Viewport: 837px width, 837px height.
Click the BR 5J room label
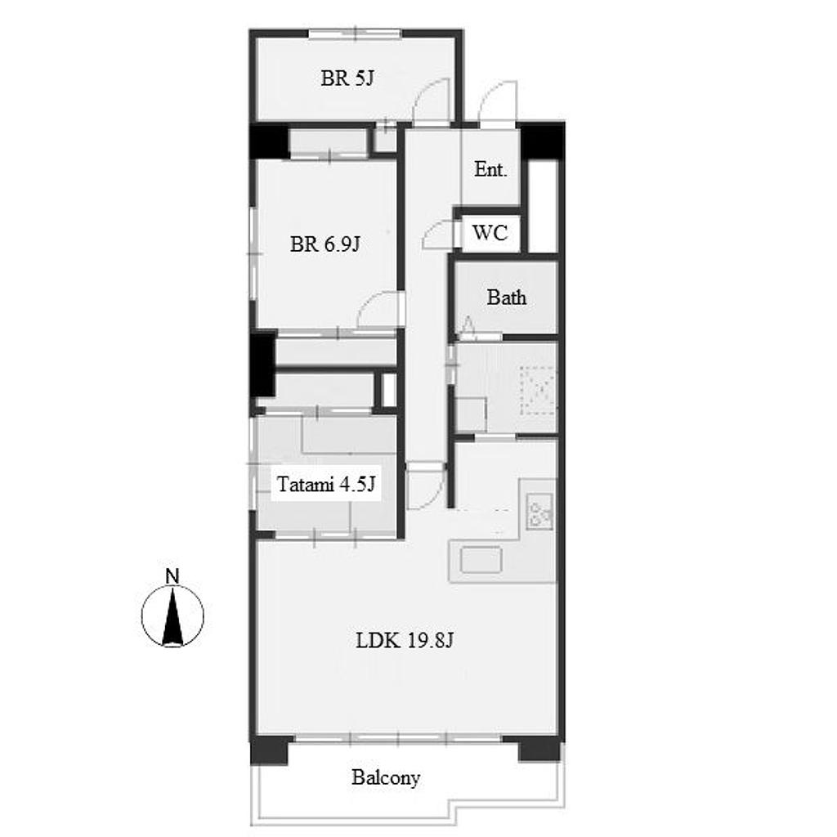coord(347,78)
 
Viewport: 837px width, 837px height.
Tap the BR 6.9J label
coord(325,244)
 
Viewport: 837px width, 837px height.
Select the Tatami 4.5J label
coord(325,484)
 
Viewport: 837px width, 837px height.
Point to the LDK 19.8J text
coord(405,639)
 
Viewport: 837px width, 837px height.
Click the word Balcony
coord(386,778)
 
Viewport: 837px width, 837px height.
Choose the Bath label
coord(506,298)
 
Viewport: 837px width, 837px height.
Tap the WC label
coord(490,233)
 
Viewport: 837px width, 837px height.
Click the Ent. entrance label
coord(490,169)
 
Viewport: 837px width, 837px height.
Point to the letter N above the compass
coord(172,576)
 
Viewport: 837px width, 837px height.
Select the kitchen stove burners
coord(540,512)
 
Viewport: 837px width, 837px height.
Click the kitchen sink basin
coord(481,560)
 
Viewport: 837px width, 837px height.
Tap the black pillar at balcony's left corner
coord(270,750)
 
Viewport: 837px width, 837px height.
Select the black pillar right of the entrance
coord(543,141)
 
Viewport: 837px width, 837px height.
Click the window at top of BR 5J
coord(355,34)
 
